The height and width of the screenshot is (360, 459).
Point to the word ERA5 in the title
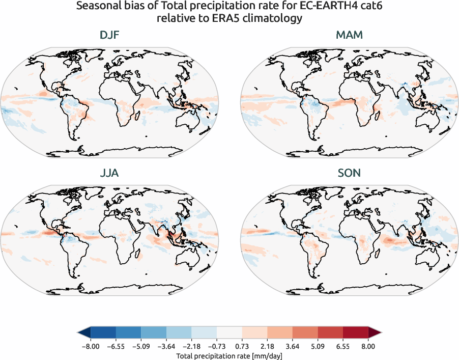pyautogui.click(x=233, y=19)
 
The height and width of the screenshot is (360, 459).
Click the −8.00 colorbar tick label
pyautogui.click(x=90, y=346)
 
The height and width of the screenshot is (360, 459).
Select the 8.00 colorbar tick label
pyautogui.click(x=368, y=346)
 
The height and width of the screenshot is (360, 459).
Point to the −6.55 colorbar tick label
pyautogui.click(x=116, y=346)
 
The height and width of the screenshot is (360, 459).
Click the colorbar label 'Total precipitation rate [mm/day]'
pyautogui.click(x=229, y=356)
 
